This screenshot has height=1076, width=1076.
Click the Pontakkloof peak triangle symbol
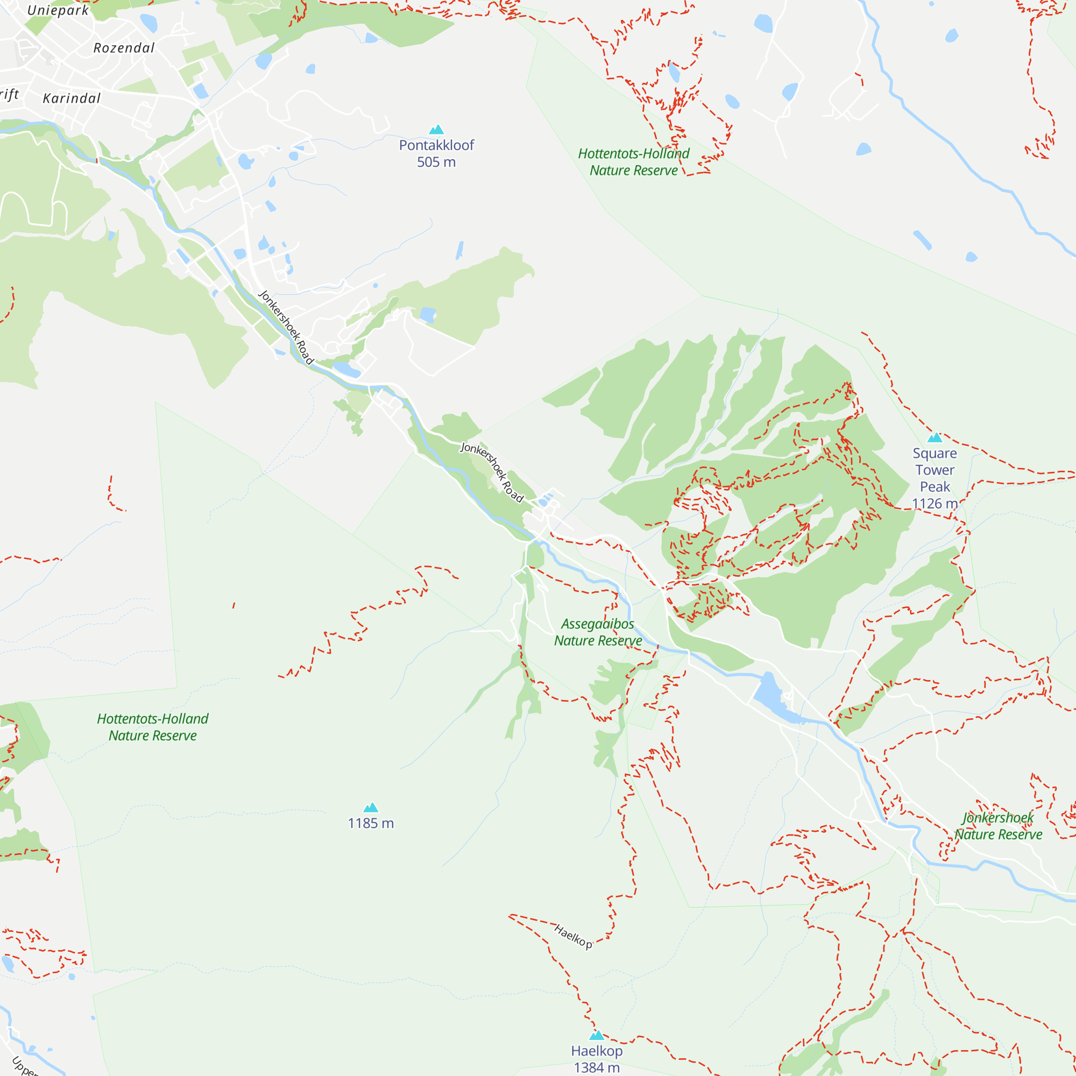[x=436, y=130]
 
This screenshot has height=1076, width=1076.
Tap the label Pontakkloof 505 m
[x=436, y=154]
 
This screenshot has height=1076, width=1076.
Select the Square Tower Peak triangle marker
[x=935, y=437]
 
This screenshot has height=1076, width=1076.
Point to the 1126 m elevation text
[x=935, y=504]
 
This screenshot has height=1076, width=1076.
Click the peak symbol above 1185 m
[x=371, y=808]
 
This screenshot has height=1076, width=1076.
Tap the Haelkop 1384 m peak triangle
[x=597, y=1035]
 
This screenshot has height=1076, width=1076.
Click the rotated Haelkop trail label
[x=573, y=936]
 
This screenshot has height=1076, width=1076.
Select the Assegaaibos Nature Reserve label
[x=598, y=632]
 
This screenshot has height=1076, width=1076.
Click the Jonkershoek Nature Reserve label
[x=998, y=826]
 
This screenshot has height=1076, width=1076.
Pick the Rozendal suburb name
[x=124, y=48]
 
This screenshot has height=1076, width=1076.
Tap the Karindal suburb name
[x=72, y=98]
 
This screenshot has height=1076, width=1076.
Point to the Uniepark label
[x=58, y=10]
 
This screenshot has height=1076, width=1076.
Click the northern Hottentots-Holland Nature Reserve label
[x=633, y=161]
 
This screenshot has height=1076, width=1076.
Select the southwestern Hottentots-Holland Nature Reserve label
[x=153, y=727]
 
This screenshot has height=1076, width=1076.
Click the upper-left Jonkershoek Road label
[x=286, y=327]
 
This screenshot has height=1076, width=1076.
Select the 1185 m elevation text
[x=371, y=823]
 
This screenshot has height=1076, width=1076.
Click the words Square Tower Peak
[x=935, y=470]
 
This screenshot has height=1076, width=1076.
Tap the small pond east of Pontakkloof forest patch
[x=428, y=315]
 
